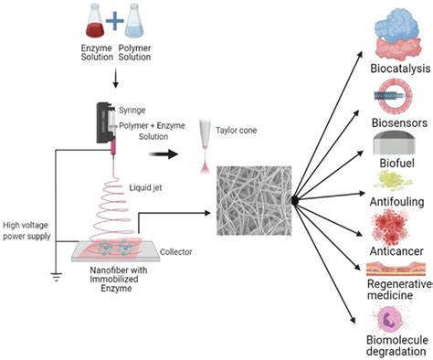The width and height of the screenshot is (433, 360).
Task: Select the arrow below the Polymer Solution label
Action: (115, 80)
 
